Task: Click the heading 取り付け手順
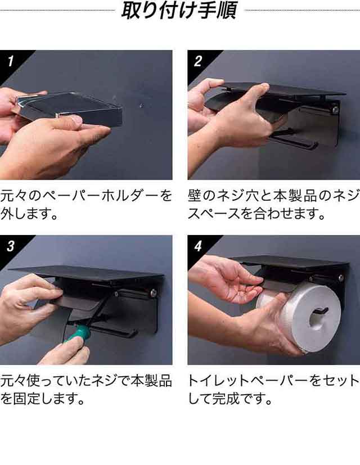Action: tap(179, 10)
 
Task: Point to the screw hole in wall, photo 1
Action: tap(142, 105)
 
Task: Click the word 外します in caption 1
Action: tap(29, 214)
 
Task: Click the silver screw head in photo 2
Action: tap(335, 110)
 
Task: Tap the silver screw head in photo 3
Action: tap(154, 293)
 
